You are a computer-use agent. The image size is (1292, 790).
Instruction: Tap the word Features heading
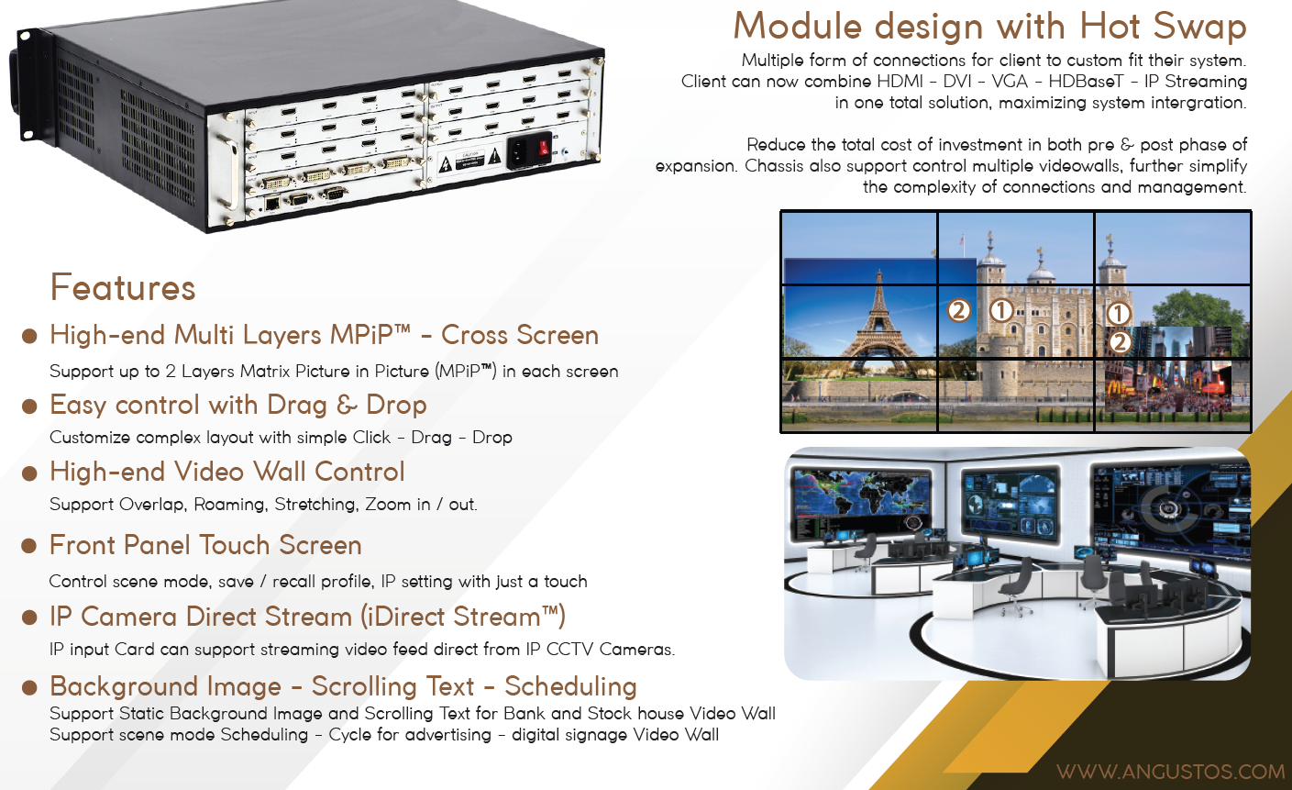tap(123, 287)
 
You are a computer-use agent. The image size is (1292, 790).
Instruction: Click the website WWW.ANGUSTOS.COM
tap(1170, 772)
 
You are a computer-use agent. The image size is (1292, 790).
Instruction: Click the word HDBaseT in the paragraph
tap(1086, 82)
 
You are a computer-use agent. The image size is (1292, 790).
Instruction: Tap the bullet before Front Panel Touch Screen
tap(29, 546)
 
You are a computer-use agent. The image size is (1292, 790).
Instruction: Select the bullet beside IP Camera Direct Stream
tap(29, 618)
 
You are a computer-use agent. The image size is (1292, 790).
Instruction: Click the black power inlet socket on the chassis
tap(520, 152)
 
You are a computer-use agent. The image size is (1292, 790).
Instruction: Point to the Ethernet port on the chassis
tap(271, 203)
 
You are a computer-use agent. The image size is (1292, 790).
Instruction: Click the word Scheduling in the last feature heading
tap(570, 686)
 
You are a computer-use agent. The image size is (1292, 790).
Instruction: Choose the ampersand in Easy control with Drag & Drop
tap(347, 406)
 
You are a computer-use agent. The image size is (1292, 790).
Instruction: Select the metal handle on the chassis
tap(228, 172)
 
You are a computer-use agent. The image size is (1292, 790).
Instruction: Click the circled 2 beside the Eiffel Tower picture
tap(959, 310)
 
